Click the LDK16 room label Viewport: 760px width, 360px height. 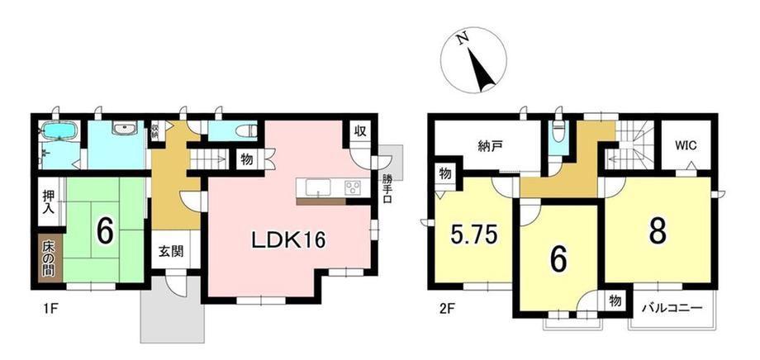point(288,240)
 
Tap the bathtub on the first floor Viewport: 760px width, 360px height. point(59,130)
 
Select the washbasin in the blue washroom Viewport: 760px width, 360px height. point(125,128)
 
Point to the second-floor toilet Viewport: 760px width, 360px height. point(559,131)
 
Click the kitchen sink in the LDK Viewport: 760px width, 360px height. point(317,186)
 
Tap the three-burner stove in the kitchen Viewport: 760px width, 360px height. point(354,187)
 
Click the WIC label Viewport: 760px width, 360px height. point(686,147)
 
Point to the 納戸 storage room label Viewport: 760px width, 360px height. point(487,146)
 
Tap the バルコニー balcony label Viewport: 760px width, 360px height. point(672,308)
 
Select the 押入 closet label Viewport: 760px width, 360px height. point(50,202)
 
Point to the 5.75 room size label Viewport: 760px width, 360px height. point(473,236)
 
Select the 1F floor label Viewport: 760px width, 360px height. point(45,307)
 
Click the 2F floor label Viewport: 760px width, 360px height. point(439,307)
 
